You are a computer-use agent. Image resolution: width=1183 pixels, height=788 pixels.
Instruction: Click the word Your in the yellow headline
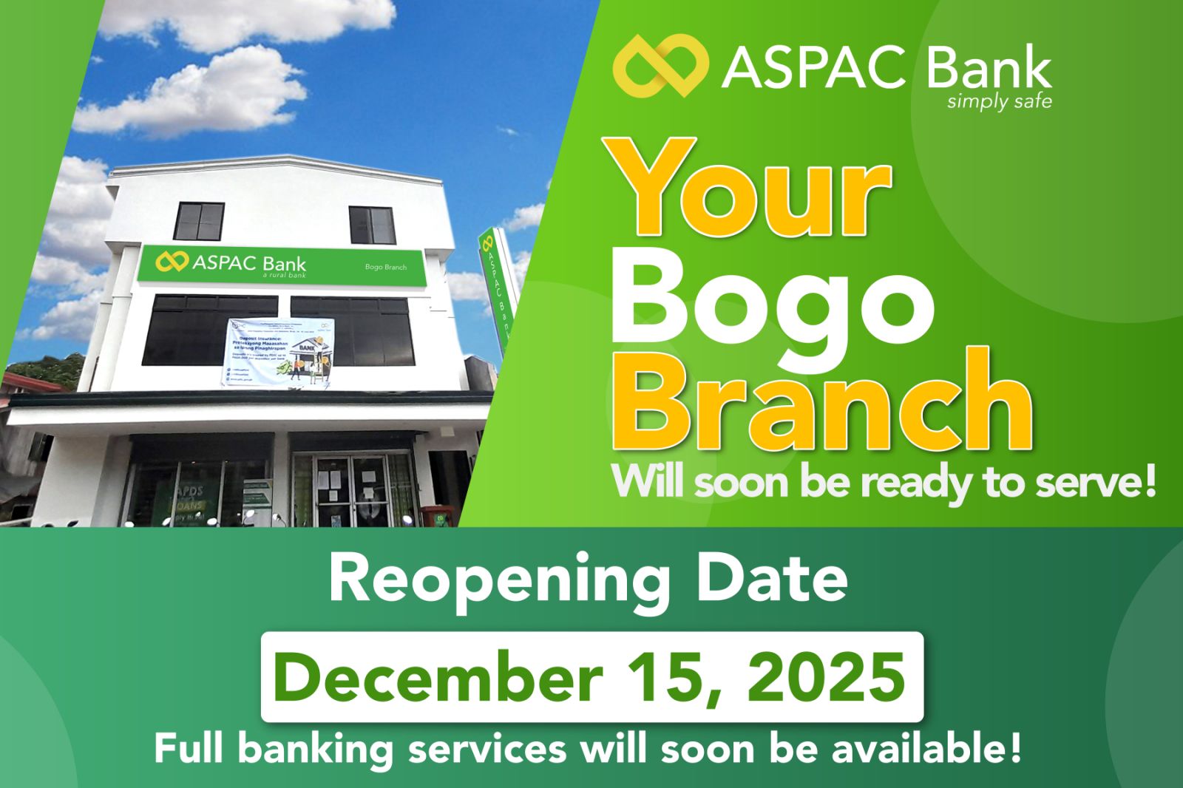750,194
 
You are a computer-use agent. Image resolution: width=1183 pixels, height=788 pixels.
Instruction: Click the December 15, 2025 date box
591,676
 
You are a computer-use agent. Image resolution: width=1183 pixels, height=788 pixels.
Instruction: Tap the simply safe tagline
999,101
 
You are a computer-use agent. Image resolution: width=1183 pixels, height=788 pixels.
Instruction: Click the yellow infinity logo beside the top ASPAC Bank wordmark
660,67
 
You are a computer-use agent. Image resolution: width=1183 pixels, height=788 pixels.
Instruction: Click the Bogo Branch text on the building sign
385,267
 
